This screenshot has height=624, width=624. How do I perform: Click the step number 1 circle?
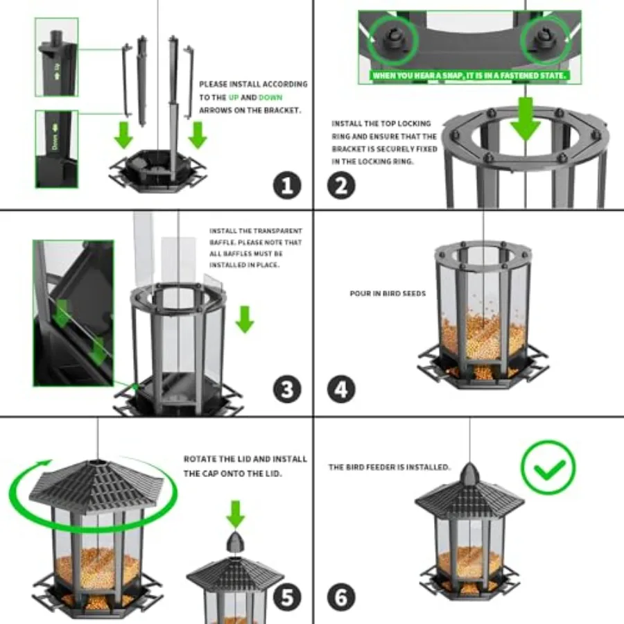point(286,185)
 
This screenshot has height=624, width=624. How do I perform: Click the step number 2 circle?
point(340,185)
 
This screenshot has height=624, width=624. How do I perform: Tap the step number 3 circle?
point(286,390)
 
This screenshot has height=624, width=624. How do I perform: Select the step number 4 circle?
point(340,390)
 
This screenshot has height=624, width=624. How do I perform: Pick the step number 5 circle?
point(286,596)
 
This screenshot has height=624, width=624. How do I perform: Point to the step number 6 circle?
point(340,596)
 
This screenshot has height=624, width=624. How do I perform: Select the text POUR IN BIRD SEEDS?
point(388,293)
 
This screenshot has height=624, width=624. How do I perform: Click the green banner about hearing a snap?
point(469,75)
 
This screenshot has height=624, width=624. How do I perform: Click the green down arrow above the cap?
point(236,514)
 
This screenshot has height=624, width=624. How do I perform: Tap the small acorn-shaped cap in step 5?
point(236,543)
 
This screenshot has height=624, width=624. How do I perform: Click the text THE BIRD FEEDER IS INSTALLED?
point(389,467)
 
